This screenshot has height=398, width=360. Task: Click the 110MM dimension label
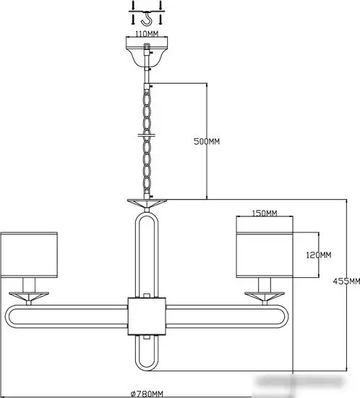click(147, 34)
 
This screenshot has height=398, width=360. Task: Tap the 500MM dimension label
click(207, 141)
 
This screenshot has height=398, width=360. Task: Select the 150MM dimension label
click(265, 213)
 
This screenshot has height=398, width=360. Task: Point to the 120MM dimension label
click(319, 255)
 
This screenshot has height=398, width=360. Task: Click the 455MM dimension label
click(346, 281)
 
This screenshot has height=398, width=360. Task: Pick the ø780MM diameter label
click(147, 394)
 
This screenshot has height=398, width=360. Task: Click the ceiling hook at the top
click(147, 19)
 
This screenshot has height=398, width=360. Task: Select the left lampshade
click(29, 255)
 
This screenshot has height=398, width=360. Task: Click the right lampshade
click(265, 255)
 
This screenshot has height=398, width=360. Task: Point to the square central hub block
click(147, 316)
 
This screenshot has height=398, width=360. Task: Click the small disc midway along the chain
click(147, 135)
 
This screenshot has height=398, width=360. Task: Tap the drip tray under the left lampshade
click(29, 296)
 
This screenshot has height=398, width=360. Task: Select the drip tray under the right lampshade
click(265, 296)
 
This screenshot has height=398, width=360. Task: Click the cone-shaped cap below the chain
click(147, 203)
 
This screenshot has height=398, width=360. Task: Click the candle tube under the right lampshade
click(265, 285)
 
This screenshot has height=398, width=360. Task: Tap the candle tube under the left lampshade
click(29, 285)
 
